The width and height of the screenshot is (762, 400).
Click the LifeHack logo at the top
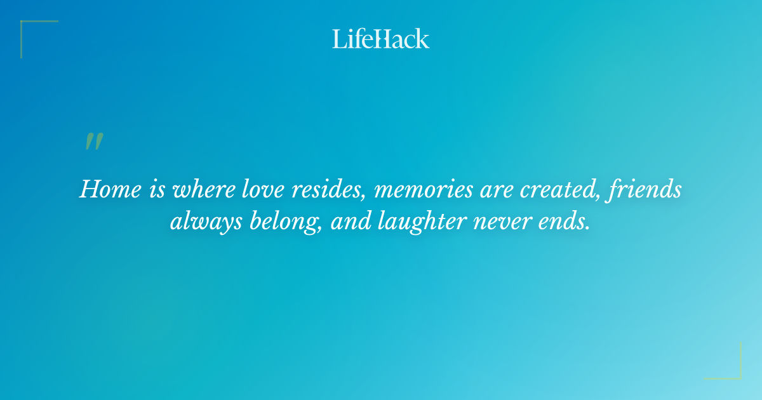pos(381,39)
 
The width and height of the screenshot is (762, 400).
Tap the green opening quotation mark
pos(94,142)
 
